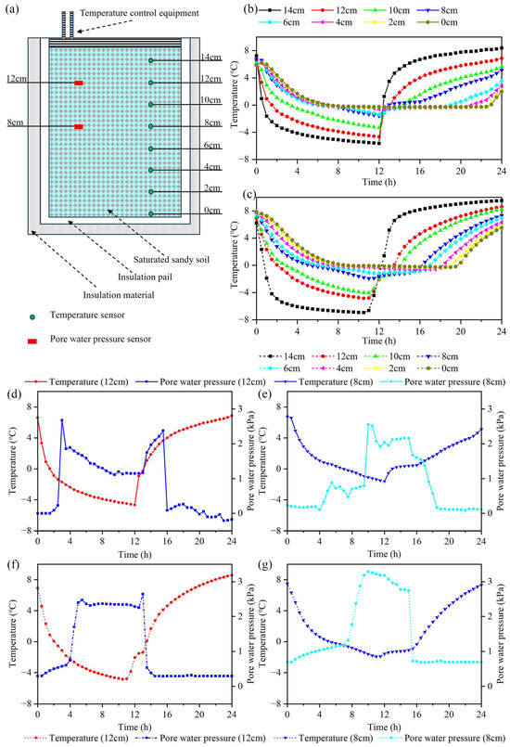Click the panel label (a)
pyautogui.click(x=11, y=10)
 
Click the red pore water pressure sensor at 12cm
pyautogui.click(x=79, y=84)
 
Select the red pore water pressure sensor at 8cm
pyautogui.click(x=79, y=126)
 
